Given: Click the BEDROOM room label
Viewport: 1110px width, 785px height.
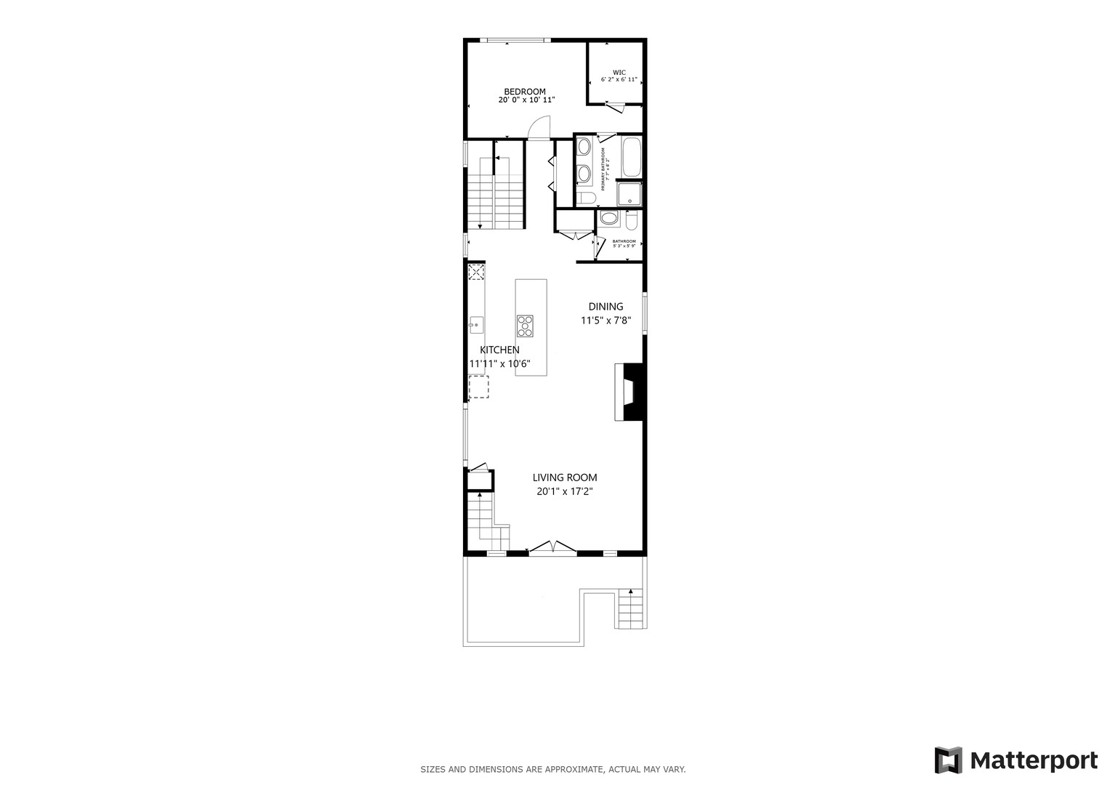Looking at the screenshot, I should point(524,92).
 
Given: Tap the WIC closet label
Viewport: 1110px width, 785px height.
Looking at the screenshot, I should point(619,72).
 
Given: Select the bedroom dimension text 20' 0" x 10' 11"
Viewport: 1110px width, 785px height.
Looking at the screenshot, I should point(526,100).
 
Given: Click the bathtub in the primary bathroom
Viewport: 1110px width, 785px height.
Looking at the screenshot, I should point(630,157).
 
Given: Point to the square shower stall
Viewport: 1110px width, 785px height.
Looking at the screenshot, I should point(629,194).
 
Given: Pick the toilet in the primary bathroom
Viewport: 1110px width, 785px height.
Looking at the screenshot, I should point(586,198).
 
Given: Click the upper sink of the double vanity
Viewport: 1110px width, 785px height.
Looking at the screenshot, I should point(583,148).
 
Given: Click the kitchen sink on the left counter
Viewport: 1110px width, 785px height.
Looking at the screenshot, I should point(476,324).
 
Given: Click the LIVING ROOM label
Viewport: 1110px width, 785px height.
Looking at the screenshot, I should point(565,478).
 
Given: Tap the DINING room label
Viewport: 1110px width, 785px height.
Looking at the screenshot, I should point(606,307).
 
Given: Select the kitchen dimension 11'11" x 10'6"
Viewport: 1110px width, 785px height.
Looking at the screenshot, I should point(499,363).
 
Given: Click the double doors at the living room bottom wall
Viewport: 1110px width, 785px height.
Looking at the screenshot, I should point(553,547).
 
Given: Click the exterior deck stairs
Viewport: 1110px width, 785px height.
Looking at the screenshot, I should point(631,609).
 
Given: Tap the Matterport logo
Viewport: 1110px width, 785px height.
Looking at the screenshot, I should point(1016,760).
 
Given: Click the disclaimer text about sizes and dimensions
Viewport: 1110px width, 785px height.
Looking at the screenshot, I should point(552,769).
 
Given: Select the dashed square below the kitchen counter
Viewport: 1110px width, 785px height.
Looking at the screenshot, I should point(478,387).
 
